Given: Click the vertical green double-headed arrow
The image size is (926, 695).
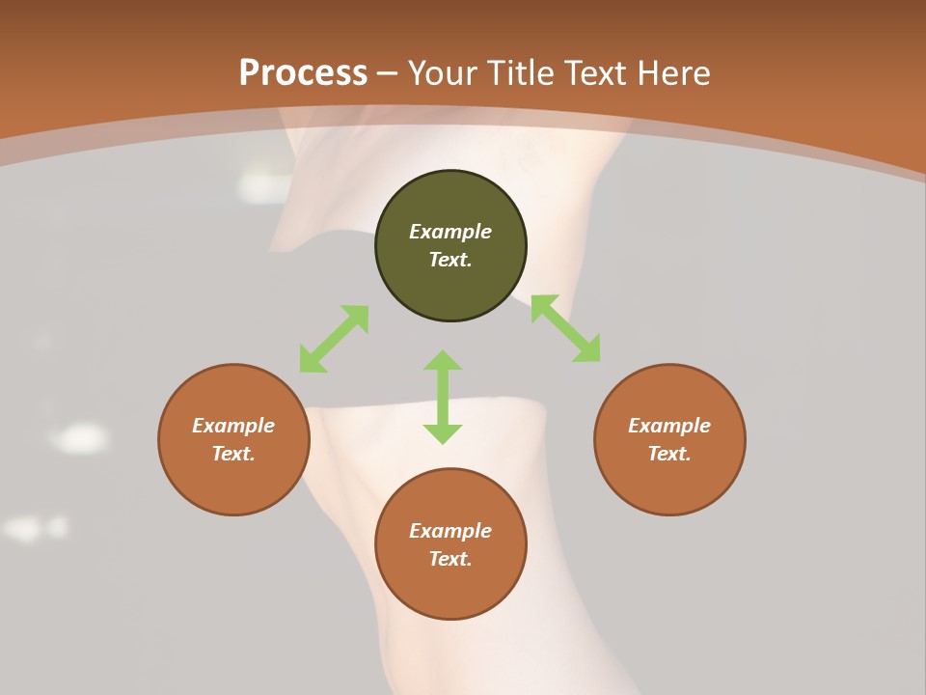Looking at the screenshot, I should (443, 397).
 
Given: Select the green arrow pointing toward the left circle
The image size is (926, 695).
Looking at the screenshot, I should (334, 339).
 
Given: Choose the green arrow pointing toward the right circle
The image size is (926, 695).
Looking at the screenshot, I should (566, 328).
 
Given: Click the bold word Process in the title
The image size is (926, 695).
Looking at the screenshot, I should (303, 73).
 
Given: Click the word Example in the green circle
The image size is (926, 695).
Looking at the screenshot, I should (450, 232).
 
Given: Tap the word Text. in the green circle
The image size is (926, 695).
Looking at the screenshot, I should (450, 260).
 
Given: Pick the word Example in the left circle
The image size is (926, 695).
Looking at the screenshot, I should (233, 426).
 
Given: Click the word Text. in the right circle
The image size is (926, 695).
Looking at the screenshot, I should (669, 454).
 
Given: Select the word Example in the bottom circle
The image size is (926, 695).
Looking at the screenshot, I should (450, 531).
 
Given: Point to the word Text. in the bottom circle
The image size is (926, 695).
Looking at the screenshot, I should (450, 559).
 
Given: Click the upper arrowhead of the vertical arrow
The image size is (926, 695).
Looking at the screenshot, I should (443, 360).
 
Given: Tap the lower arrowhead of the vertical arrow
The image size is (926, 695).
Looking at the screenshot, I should (443, 433).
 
